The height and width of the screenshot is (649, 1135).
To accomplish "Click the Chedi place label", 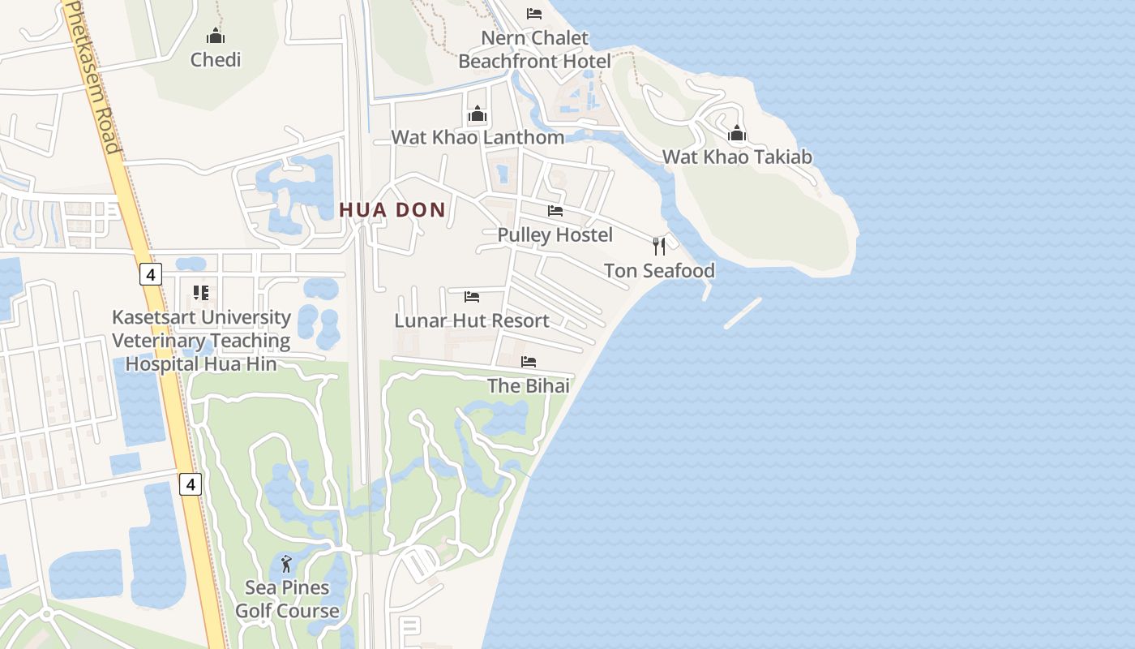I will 216,59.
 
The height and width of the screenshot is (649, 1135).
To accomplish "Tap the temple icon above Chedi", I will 216,36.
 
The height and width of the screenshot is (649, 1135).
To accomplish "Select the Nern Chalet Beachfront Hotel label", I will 534,49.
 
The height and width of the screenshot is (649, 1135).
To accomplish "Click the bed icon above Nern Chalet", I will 534,13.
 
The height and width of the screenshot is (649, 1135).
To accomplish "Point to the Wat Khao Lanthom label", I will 478,137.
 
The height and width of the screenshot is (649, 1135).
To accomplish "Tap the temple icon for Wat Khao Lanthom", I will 478,114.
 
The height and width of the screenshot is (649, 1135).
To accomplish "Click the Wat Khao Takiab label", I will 737,157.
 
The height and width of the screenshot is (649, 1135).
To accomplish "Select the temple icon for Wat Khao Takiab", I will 737,133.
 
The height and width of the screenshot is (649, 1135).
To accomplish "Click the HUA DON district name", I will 392,210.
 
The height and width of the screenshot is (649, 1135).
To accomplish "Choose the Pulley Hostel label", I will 555,234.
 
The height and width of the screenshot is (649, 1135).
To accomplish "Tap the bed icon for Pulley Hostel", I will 555,211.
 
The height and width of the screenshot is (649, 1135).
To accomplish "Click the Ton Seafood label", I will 659,270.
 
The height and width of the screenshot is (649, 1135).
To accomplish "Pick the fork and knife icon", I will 659,246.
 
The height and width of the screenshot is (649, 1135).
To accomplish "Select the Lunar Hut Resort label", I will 472,320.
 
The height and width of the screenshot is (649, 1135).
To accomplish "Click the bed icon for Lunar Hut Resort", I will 472,297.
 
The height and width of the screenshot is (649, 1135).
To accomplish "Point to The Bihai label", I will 529,385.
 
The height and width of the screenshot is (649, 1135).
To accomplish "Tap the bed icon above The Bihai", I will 529,362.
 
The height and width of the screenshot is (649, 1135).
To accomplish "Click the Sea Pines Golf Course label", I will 287,599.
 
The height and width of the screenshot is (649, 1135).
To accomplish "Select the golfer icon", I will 286,564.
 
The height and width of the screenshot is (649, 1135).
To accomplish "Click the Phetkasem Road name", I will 92,77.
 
